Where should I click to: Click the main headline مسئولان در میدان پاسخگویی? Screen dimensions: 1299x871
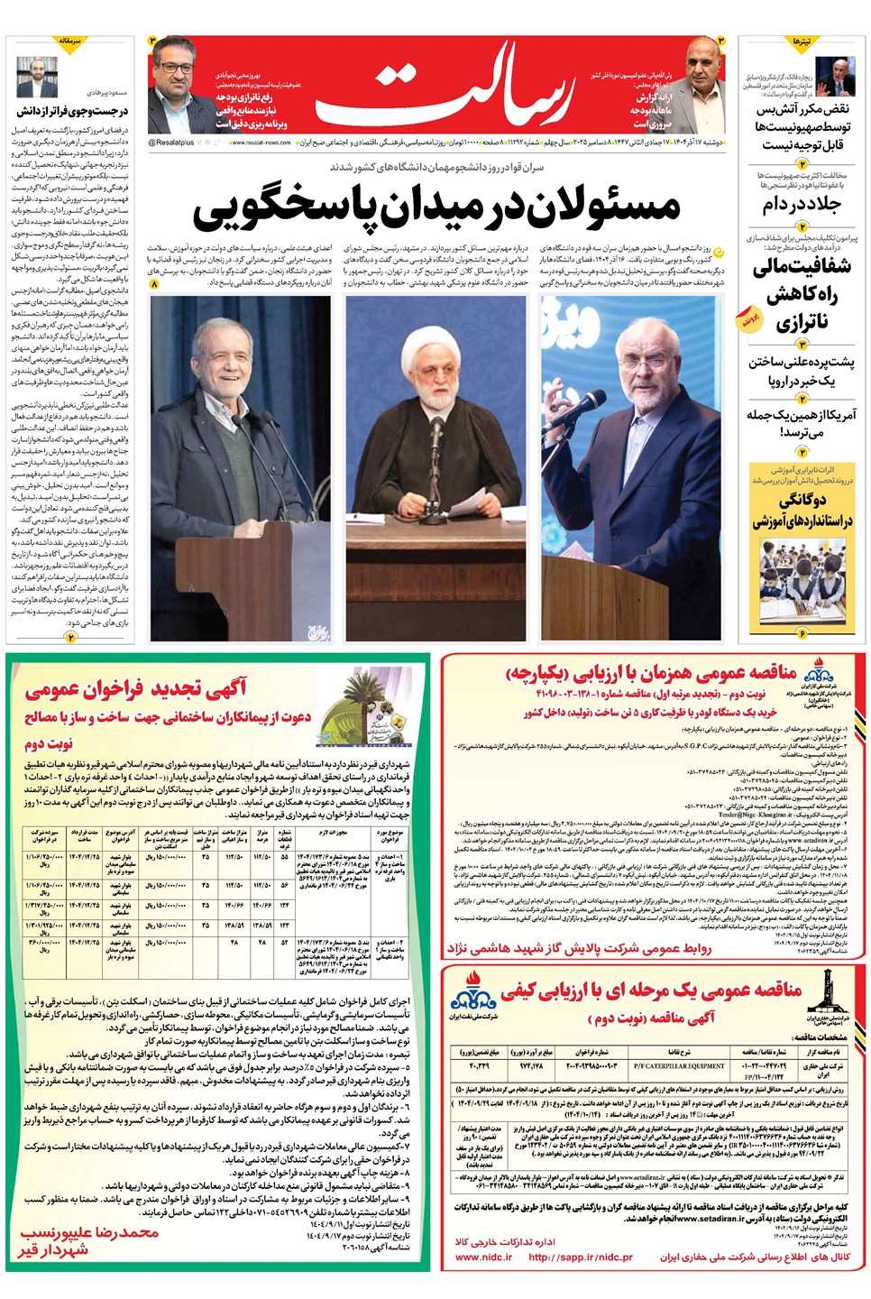[x=436, y=207]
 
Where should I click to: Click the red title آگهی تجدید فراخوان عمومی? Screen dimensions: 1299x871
[x=135, y=690]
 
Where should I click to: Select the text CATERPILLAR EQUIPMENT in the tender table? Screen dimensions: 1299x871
[x=678, y=1065]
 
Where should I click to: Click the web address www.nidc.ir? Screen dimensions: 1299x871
[x=483, y=1257]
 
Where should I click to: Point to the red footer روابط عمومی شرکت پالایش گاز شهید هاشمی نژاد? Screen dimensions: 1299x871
[x=579, y=948]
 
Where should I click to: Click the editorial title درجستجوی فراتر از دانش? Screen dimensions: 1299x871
[x=73, y=112]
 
